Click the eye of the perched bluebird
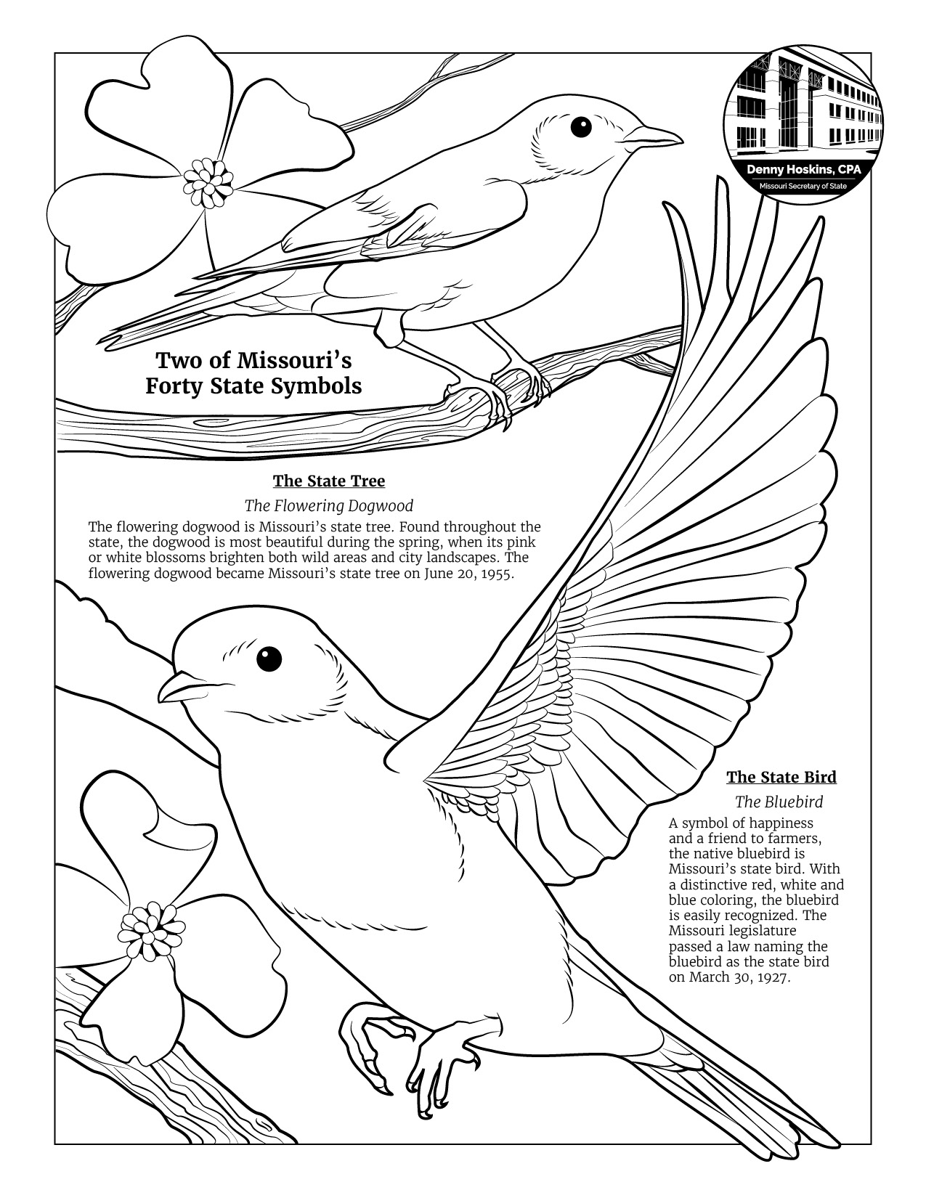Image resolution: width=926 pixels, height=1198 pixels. click(581, 127)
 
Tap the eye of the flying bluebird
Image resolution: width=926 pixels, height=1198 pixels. click(269, 659)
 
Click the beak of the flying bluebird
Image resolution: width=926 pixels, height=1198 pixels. click(178, 686)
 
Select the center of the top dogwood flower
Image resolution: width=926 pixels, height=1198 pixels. click(208, 179)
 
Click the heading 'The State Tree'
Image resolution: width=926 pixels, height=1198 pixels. click(329, 481)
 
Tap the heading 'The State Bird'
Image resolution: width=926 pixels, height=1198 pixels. click(781, 777)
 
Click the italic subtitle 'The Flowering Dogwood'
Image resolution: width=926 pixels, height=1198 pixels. click(329, 505)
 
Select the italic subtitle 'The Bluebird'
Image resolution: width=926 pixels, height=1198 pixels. click(779, 802)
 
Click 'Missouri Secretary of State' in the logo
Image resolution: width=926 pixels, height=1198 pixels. click(803, 186)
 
